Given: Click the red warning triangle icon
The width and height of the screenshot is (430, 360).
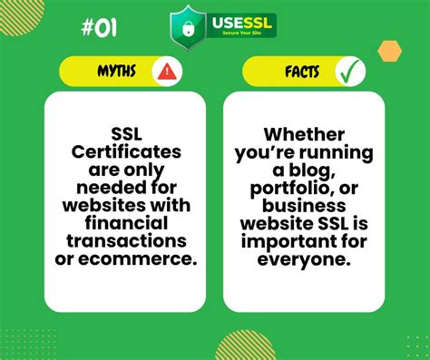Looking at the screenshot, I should click(x=166, y=72).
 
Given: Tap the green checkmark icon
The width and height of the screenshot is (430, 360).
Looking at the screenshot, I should click(x=349, y=72).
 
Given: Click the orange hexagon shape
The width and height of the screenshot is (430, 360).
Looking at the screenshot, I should click(x=390, y=51).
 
